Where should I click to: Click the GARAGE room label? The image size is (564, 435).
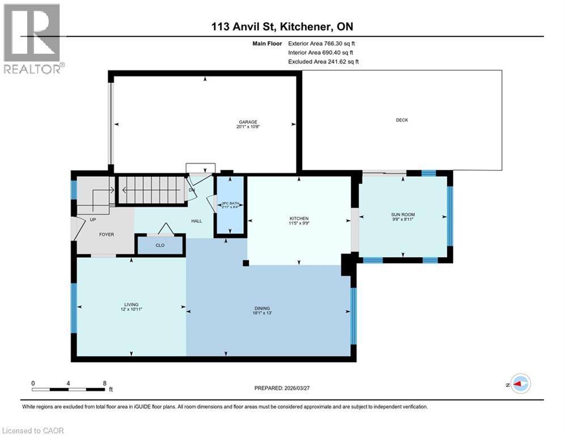click(x=248, y=122)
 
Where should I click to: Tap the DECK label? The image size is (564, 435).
click(x=401, y=120)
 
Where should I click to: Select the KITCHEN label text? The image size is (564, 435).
click(x=299, y=219)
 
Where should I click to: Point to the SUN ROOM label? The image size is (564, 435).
click(x=403, y=215)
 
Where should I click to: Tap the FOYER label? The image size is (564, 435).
click(x=106, y=234)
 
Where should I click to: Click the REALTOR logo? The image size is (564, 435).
click(x=32, y=39)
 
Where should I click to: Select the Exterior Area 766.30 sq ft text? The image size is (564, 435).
click(x=322, y=43)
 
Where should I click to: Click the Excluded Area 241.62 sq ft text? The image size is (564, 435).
click(x=323, y=61)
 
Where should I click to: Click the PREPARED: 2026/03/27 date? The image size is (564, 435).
click(x=283, y=388)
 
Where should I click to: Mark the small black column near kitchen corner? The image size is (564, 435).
click(x=245, y=263)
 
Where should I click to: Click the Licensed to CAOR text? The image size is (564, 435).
click(x=33, y=430)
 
